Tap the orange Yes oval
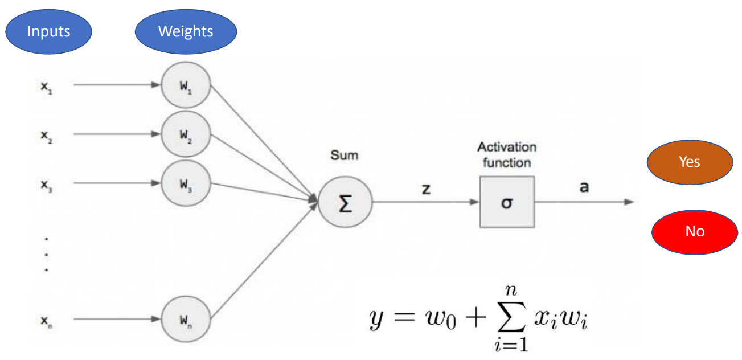pos(690,162)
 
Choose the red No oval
pos(694,231)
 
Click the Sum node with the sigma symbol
pos(345,203)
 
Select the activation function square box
pos(506,202)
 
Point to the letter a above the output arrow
pos(584,187)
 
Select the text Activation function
pos(506,154)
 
